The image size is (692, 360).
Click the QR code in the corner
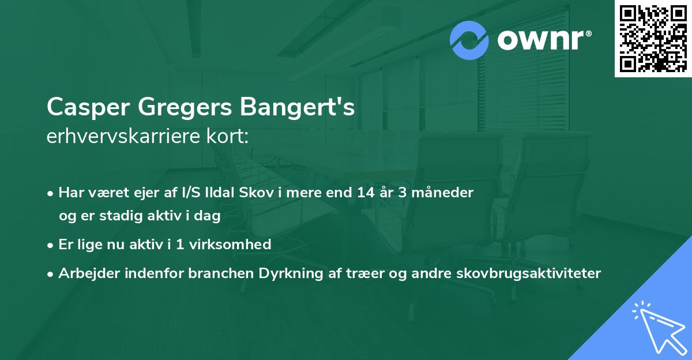point(653,39)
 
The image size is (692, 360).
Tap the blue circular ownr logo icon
point(470,40)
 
